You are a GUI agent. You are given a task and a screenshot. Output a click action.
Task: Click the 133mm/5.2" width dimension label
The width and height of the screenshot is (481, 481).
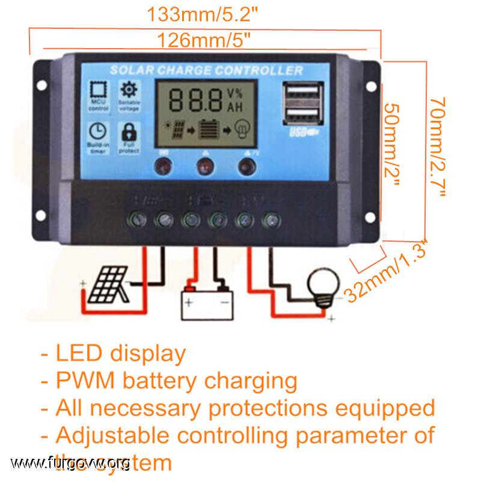click(x=204, y=14)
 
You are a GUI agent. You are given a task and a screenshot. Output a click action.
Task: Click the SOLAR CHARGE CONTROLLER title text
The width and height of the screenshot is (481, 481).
click(x=206, y=70)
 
